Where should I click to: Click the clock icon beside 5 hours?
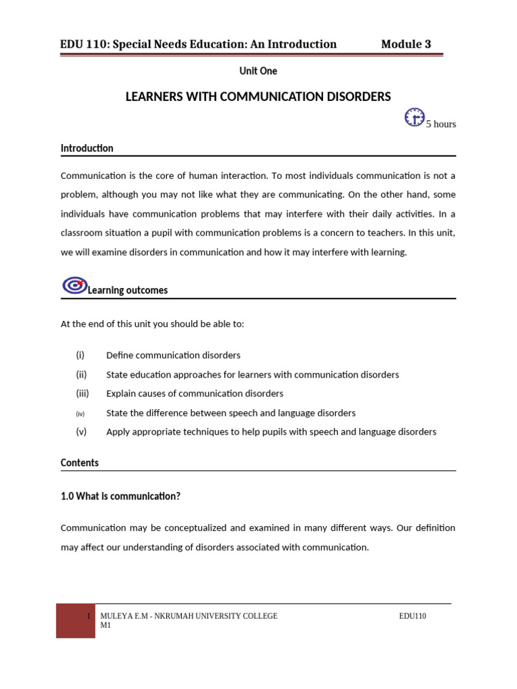point(414,117)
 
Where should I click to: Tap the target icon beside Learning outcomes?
point(73,285)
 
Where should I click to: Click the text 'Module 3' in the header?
point(406,44)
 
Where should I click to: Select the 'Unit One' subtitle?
point(258,71)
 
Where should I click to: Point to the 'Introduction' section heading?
point(87,148)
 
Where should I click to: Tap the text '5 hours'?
point(441,124)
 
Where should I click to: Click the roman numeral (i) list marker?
point(81,355)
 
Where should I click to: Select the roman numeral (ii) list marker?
point(81,375)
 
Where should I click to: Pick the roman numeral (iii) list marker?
point(82,394)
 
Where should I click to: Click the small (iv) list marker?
point(81,413)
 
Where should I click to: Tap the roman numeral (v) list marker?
point(81,432)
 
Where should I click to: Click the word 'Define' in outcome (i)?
point(120,355)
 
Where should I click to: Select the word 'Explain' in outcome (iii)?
point(122,394)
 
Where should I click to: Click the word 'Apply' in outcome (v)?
point(118,432)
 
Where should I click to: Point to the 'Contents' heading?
point(79,463)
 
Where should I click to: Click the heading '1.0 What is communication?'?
point(120,497)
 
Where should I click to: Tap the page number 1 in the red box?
point(89,616)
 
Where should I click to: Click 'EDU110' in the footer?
point(413,616)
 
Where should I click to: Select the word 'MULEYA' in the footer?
point(115,616)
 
